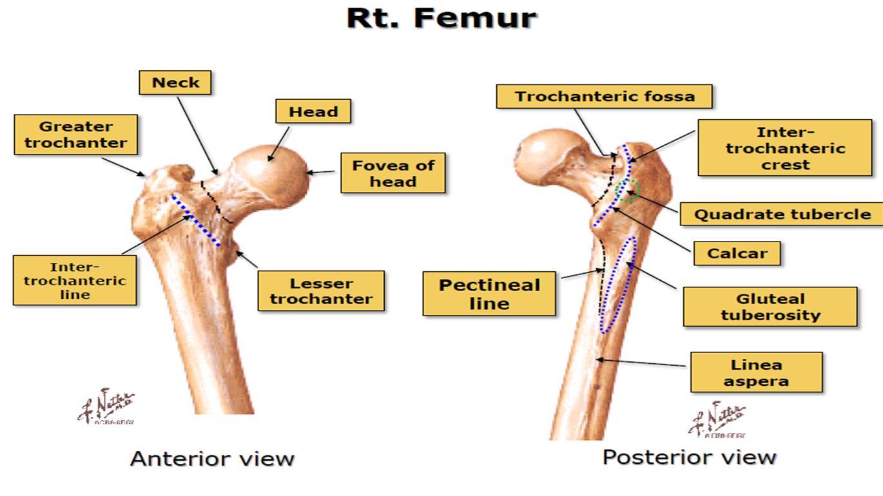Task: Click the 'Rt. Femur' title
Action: click(x=441, y=18)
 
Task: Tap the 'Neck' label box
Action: click(x=175, y=82)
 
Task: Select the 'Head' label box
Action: click(x=313, y=111)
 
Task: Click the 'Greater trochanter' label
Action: click(x=76, y=135)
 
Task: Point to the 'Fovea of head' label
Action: click(x=393, y=173)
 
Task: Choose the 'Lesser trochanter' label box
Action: click(x=321, y=291)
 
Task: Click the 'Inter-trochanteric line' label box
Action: click(x=75, y=280)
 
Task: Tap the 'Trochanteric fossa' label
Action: click(x=605, y=97)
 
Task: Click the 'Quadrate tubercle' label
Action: click(x=782, y=215)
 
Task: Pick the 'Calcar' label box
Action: click(x=737, y=253)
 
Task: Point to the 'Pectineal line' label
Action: click(x=489, y=294)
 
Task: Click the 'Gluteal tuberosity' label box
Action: click(x=770, y=307)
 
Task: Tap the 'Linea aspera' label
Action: click(x=756, y=372)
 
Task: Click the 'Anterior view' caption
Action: click(x=212, y=459)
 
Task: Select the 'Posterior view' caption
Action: click(x=689, y=457)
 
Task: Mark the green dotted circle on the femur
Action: click(x=626, y=191)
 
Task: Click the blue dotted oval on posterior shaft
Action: click(x=617, y=284)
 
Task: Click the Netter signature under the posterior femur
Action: click(x=717, y=419)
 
